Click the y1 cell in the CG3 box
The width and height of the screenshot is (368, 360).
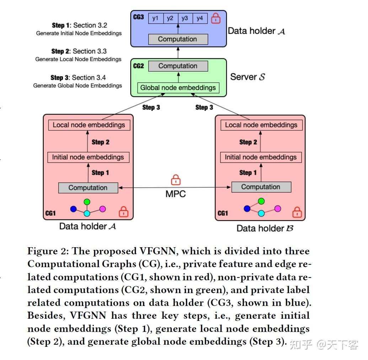155,18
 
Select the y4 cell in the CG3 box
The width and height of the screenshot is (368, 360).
199,18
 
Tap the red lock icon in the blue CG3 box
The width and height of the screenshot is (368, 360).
215,18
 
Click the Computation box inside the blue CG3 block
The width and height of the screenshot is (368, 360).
177,39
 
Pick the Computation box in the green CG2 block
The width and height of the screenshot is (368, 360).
178,66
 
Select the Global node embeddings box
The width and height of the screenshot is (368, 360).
178,88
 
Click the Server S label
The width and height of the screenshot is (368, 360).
247,77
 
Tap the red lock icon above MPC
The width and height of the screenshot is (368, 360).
176,180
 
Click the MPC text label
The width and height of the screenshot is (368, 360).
176,194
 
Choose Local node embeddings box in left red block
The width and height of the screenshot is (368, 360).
89,125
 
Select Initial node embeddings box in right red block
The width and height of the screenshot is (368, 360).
261,157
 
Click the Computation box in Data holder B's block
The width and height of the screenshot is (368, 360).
261,187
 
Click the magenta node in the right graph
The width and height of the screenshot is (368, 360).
278,208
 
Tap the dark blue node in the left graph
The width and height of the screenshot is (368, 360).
73,209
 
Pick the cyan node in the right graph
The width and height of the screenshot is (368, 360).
261,213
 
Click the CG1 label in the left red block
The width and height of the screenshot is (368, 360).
50,213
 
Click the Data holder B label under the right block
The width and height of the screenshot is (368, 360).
265,228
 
